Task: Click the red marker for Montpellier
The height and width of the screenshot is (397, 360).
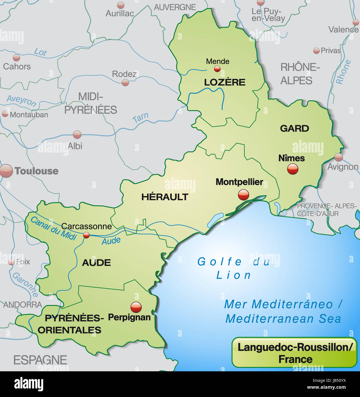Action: (x=243, y=195)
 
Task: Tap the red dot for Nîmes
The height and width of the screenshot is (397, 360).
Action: (x=292, y=169)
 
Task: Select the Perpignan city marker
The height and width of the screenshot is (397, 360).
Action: (x=136, y=307)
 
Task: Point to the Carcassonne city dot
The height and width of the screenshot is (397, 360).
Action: (x=86, y=235)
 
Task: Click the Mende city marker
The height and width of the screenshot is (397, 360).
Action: (x=217, y=69)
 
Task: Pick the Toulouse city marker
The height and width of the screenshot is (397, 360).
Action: (x=6, y=171)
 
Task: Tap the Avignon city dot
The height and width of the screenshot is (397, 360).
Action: (x=339, y=157)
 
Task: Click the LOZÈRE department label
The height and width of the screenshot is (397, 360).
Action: (x=224, y=82)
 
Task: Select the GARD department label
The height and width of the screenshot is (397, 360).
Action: (x=294, y=129)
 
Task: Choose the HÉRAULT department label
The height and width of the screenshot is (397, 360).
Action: (x=165, y=197)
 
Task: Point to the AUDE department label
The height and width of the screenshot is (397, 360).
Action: (x=96, y=262)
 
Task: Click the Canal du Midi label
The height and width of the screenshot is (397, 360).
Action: (x=53, y=228)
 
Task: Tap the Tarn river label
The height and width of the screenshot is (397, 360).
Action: (x=140, y=117)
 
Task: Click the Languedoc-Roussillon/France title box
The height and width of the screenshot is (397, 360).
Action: (x=295, y=352)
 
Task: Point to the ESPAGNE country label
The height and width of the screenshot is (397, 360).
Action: (x=40, y=360)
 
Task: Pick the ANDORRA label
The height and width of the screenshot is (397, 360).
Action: (x=23, y=305)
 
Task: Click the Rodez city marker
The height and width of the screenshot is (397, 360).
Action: (x=125, y=83)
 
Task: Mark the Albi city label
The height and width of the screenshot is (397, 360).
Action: (x=75, y=146)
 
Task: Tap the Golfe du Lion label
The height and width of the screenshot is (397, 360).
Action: (x=233, y=268)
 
